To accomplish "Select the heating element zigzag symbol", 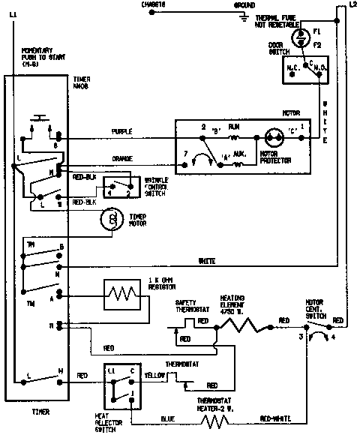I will click(x=240, y=325).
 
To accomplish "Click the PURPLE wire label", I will click(x=122, y=131).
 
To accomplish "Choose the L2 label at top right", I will click(x=352, y=4).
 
